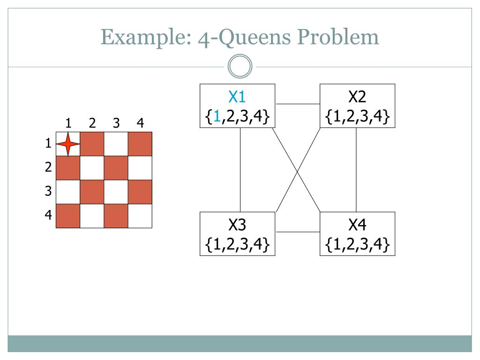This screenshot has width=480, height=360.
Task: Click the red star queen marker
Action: click(x=68, y=144)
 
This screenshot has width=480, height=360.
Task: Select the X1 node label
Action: click(x=237, y=97)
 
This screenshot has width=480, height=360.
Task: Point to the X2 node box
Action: click(x=357, y=105)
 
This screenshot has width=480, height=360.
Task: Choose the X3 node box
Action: click(x=237, y=234)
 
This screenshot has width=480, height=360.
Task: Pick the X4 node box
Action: click(x=357, y=234)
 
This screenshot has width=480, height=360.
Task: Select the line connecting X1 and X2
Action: click(x=297, y=104)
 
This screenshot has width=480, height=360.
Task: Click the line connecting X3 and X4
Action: click(x=297, y=232)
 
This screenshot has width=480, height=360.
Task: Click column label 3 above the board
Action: click(x=116, y=123)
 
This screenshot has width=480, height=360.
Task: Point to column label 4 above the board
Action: click(x=140, y=123)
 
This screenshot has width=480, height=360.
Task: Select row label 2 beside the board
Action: click(x=48, y=167)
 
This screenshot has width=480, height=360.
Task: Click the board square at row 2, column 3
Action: click(x=116, y=168)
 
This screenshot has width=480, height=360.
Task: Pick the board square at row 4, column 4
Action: click(x=140, y=216)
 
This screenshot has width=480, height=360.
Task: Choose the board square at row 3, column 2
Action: click(x=92, y=192)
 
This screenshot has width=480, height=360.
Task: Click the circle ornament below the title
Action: click(x=240, y=67)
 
